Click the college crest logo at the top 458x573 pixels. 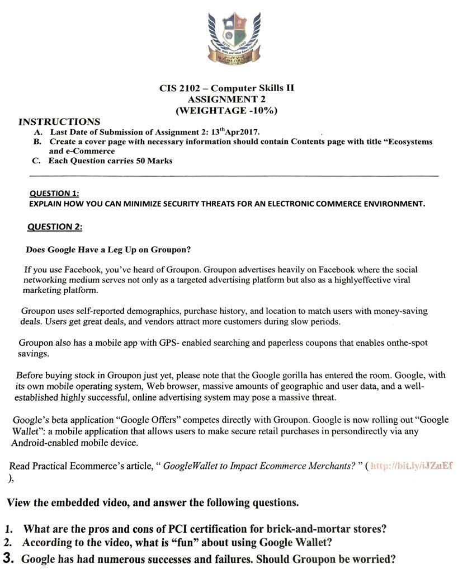[x=234, y=37]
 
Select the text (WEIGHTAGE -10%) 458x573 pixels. [x=226, y=110]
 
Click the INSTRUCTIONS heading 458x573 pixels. [x=59, y=121]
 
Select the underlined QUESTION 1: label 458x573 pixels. [x=54, y=193]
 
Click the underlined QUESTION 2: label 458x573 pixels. [x=55, y=227]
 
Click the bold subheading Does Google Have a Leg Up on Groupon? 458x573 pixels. [x=108, y=250]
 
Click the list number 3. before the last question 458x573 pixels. [x=10, y=558]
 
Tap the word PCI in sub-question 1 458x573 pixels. [x=187, y=529]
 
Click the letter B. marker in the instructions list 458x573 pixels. [x=37, y=142]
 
